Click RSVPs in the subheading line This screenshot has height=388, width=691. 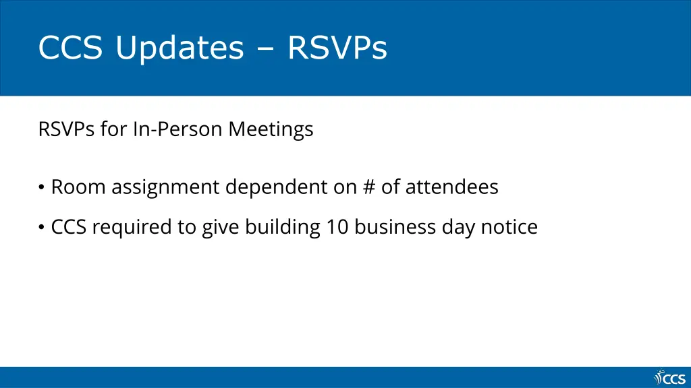click(x=67, y=129)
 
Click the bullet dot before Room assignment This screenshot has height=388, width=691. click(x=42, y=187)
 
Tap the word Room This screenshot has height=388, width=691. click(x=78, y=187)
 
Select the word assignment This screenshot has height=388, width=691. click(x=166, y=187)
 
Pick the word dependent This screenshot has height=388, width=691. click(x=277, y=187)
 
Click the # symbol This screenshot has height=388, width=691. click(x=368, y=187)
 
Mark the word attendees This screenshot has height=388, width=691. click(x=451, y=187)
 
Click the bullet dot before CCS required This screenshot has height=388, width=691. click(x=42, y=228)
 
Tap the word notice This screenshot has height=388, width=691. click(x=509, y=227)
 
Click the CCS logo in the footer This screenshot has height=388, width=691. click(x=669, y=378)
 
